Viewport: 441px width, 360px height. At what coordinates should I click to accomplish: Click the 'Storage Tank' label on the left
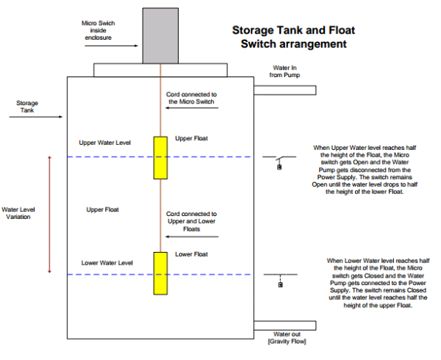click(27, 107)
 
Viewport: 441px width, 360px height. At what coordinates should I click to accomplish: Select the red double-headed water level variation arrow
click(49, 214)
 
